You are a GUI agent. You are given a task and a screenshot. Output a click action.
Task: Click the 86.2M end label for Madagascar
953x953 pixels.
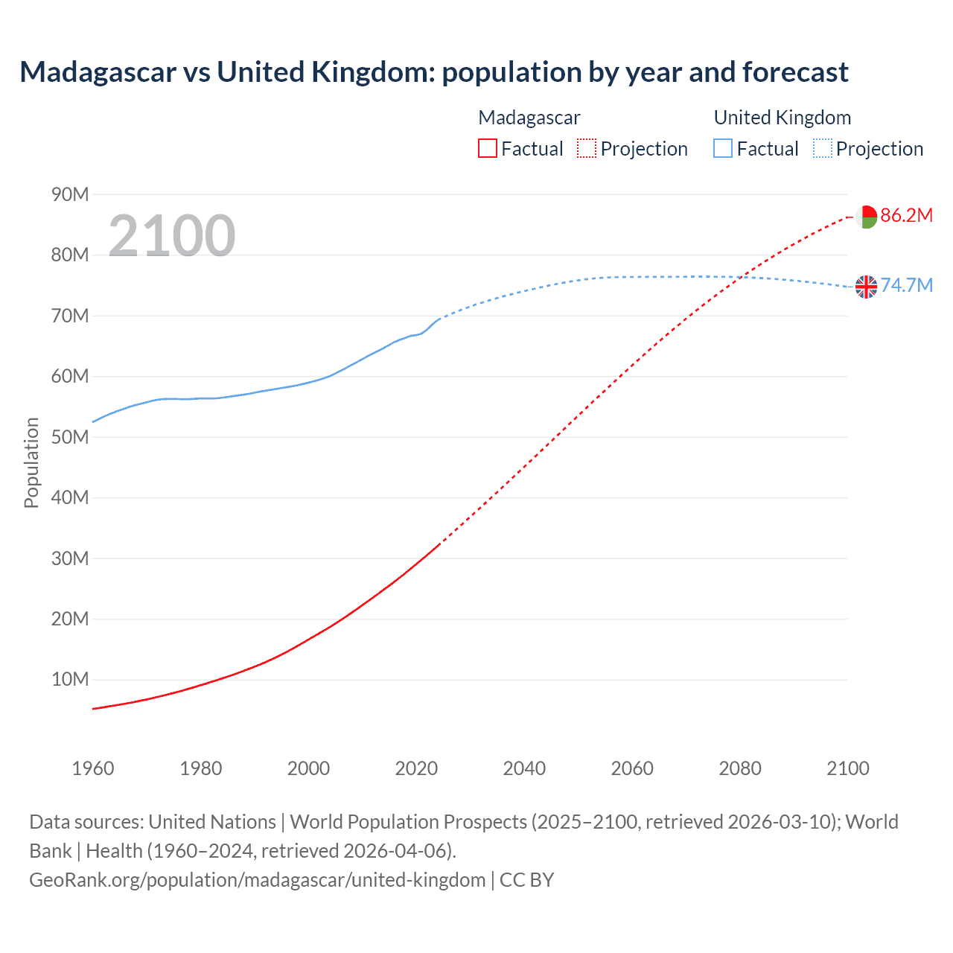[906, 216]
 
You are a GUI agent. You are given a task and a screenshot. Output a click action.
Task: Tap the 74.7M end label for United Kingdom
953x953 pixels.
[906, 286]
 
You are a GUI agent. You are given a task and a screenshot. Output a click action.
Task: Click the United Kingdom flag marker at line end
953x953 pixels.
[866, 287]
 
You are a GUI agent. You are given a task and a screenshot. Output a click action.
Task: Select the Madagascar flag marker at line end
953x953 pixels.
[866, 217]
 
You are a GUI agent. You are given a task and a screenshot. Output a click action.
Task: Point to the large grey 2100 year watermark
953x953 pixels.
[172, 236]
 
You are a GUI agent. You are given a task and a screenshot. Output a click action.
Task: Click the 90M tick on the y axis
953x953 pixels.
[70, 195]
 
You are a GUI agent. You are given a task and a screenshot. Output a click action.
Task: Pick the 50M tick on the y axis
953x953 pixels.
[70, 437]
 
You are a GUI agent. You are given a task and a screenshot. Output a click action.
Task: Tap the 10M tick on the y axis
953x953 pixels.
[70, 679]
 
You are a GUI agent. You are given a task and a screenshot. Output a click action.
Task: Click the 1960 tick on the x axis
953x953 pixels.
[93, 768]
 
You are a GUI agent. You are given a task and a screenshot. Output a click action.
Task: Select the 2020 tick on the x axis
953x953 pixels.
[416, 768]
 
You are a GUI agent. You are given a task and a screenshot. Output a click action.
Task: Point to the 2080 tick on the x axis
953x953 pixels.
[740, 768]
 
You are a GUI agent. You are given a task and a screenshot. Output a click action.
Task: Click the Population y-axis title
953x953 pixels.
[31, 462]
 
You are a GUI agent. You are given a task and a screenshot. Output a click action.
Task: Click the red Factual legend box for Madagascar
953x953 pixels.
[488, 149]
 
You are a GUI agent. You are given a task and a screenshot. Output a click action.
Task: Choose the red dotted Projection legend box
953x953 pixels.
[587, 149]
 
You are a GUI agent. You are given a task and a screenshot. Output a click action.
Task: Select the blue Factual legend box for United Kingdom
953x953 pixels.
[723, 149]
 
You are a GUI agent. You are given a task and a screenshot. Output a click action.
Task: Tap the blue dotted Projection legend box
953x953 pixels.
[823, 149]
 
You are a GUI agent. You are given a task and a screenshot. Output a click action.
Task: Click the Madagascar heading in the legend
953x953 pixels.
[529, 118]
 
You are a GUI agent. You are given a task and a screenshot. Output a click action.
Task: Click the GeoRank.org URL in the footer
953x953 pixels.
[257, 880]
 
